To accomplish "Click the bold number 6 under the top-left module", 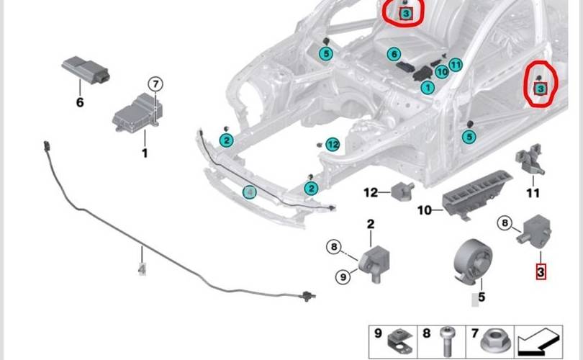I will pos(79,102).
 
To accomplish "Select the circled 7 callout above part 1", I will pos(156,85).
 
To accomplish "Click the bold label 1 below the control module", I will pos(144,153).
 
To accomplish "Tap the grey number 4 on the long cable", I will pos(143,270).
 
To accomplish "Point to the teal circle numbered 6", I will pos(393,54).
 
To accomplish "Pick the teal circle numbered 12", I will pos(332,145).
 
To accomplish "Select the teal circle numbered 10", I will pos(442,72).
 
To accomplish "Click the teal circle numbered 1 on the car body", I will pos(427,88).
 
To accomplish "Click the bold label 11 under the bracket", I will pos(533,193).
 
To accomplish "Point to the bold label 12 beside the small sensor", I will pos(371,193).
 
